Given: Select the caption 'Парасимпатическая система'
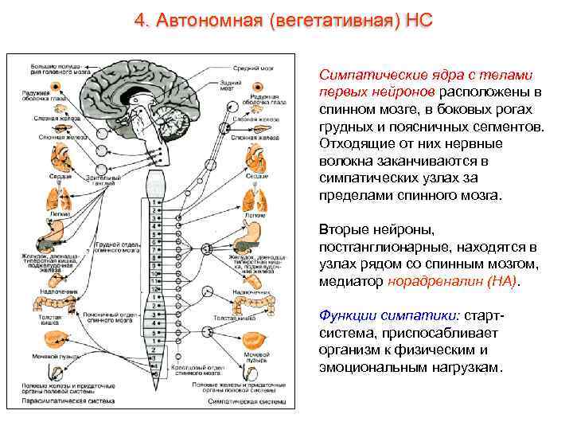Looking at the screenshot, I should (x=49, y=402).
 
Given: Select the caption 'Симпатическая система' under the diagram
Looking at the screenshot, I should (x=254, y=402).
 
